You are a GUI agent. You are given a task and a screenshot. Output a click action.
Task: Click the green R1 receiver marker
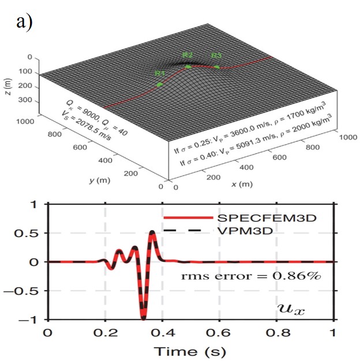(159, 85)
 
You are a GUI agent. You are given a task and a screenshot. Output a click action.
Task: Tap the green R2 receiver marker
(188, 66)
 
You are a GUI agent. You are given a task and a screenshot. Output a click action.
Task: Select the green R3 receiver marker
(217, 67)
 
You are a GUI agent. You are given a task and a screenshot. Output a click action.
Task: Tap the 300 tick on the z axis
(25, 100)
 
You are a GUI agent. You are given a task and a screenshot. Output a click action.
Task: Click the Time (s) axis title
(190, 349)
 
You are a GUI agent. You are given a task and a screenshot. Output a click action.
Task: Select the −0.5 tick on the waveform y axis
(28, 290)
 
